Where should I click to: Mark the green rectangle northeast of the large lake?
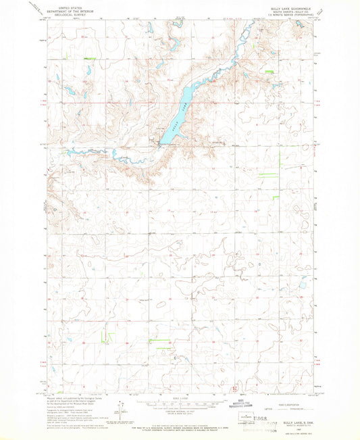[x=271, y=70]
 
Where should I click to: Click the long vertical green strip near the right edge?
[x=279, y=163]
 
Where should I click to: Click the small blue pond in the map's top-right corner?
[x=299, y=24]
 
